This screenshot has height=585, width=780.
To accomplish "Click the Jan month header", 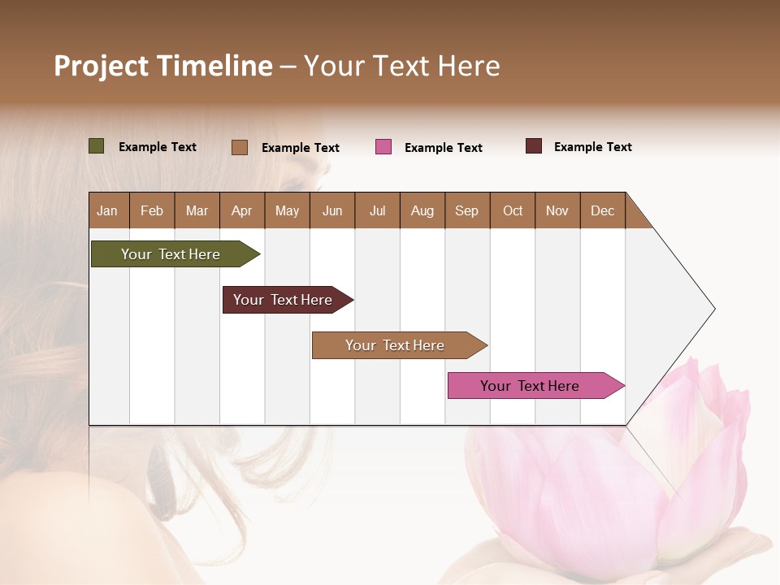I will (x=107, y=210).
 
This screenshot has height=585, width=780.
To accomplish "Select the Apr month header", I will (x=241, y=210).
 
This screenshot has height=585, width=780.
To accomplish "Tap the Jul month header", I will (x=377, y=210).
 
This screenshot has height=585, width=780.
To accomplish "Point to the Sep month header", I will (x=466, y=210).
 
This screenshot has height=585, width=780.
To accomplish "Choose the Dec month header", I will (x=602, y=210).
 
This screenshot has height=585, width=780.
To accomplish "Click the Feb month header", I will (x=152, y=210).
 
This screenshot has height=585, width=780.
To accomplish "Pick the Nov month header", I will (x=557, y=210).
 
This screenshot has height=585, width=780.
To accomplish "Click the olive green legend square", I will (x=97, y=146).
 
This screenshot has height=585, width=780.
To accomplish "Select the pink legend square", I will (x=383, y=147).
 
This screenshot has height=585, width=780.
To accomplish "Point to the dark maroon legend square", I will (x=534, y=146).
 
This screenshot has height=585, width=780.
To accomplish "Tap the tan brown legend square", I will (x=240, y=147).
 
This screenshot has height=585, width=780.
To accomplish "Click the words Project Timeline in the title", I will (x=163, y=66).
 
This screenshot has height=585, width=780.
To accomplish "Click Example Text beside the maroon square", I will (x=592, y=147).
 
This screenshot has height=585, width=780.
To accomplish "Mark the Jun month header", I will (x=332, y=210).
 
